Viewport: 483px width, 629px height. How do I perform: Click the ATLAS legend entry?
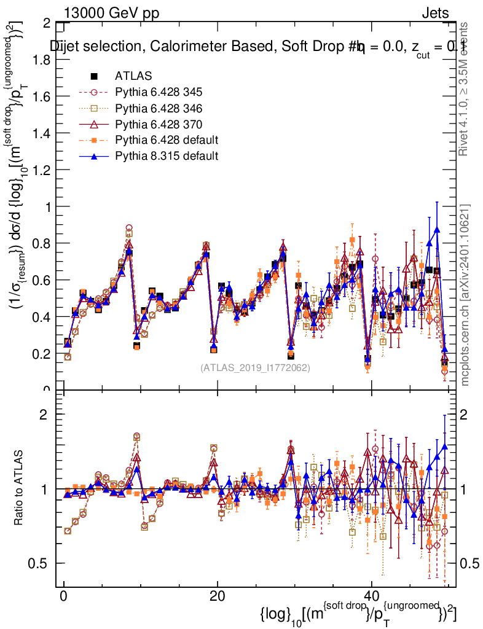pos(129,76)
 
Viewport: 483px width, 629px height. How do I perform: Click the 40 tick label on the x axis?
pos(371,596)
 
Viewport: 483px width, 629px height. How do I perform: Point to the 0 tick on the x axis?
pos(63,596)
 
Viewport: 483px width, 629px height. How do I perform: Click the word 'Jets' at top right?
pos(435,12)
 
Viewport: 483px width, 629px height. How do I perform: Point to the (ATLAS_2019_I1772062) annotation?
pos(255,368)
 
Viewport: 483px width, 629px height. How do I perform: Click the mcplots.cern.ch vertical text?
pos(465,295)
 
